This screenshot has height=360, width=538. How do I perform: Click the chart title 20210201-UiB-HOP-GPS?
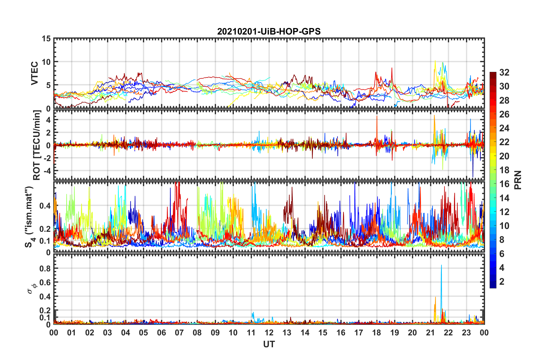(269, 31)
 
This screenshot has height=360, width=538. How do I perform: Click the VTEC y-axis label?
(34, 73)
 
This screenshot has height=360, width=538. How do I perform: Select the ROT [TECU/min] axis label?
(37, 145)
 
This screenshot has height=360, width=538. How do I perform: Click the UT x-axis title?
(269, 344)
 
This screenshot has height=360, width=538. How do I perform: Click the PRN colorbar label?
(518, 180)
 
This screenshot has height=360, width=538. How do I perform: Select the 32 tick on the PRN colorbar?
(504, 72)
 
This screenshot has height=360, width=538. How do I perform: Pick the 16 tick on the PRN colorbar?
(504, 184)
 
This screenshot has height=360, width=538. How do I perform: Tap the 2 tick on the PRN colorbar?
(502, 282)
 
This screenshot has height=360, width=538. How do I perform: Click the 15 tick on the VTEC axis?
(46, 38)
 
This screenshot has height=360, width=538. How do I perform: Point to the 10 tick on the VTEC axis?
(46, 62)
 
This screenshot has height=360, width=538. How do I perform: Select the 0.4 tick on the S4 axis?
(45, 205)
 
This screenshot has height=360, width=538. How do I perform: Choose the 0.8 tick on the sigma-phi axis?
(45, 268)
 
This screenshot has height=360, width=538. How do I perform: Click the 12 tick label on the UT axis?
(269, 333)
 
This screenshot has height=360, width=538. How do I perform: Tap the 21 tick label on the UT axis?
(430, 333)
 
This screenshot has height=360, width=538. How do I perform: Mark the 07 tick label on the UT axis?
(179, 333)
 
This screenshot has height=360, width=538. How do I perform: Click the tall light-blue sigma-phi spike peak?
(441, 265)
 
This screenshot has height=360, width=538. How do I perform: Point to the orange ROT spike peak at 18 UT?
(377, 116)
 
